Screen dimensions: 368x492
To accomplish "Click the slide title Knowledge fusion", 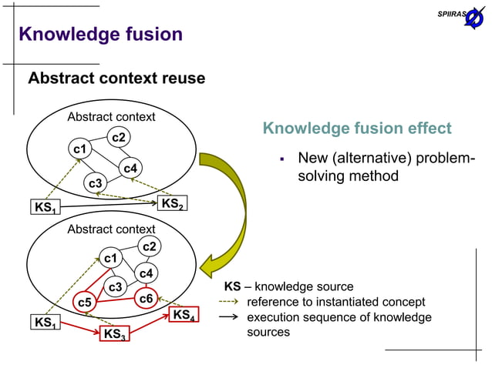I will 100,34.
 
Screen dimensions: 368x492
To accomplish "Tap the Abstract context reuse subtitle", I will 116,79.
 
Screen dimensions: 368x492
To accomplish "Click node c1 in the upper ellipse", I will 79,148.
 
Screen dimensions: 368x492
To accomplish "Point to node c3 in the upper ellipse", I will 94,183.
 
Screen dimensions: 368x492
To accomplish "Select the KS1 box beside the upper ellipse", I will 44,208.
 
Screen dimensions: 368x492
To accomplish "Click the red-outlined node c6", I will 145,297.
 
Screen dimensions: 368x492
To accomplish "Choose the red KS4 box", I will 184,316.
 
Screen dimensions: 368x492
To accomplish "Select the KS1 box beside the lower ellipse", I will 44,322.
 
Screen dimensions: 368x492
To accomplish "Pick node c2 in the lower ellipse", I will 150,246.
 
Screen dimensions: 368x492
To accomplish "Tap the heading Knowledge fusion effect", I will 356,129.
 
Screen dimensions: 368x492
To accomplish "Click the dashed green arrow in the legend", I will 231,303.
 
